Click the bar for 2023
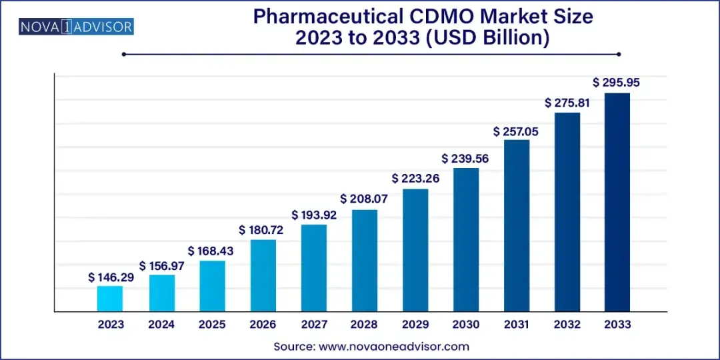pos(110,299)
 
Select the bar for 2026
pos(263,275)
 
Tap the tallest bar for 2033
pos(617,202)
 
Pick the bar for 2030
pos(466,239)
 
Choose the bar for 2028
pos(365,261)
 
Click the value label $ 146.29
pos(111,277)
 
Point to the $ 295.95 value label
pos(616,83)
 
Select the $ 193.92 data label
pos(314,215)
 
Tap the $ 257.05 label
pos(516,131)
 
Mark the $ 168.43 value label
pos(211,251)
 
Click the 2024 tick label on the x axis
pos(161,324)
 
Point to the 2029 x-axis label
pos(415,324)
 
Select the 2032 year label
pos(567,324)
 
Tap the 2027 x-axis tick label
pos(314,324)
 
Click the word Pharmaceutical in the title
pos(324,17)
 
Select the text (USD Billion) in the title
pos(493,38)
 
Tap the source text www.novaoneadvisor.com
pos(393,347)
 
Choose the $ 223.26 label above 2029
pos(415,179)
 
